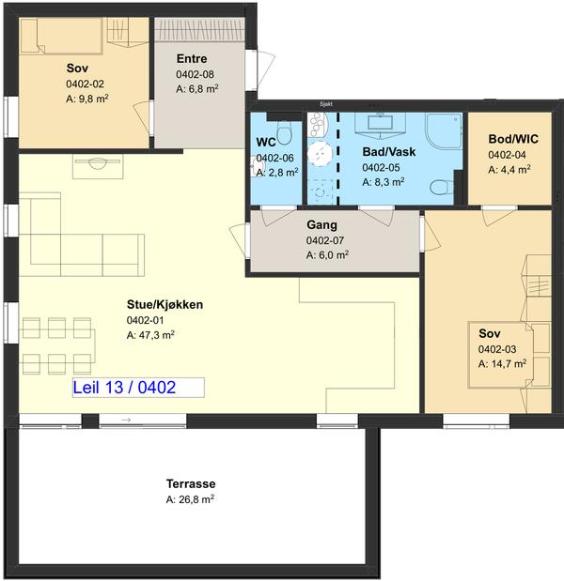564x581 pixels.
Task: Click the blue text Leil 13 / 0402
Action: [x=124, y=388]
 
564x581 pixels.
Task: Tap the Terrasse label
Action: [x=191, y=484]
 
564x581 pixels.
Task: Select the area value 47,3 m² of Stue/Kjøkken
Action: [x=150, y=335]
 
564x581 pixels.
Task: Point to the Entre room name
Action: [x=192, y=58]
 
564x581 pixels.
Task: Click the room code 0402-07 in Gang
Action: [x=325, y=240]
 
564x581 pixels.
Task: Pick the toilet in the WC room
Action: [x=284, y=134]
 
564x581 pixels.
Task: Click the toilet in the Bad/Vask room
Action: [x=442, y=187]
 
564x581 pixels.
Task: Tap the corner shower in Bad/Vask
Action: [x=444, y=130]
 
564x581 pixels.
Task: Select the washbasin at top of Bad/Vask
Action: [x=380, y=123]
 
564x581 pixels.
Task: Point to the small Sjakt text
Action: [x=326, y=104]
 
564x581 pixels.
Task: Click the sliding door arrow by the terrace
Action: [x=126, y=420]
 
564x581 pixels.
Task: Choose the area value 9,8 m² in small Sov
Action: [x=86, y=99]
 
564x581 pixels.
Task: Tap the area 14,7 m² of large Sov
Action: [x=502, y=364]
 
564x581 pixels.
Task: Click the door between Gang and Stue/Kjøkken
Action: [x=238, y=240]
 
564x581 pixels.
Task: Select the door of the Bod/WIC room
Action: [x=499, y=216]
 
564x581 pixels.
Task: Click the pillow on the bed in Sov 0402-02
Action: [x=30, y=36]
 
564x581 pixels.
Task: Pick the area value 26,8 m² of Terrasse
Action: [x=190, y=499]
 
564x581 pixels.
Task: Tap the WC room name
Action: [x=266, y=143]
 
